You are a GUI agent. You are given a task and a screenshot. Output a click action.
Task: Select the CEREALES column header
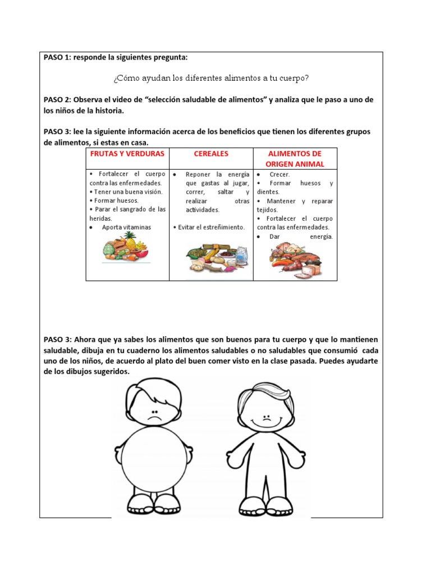click(x=211, y=153)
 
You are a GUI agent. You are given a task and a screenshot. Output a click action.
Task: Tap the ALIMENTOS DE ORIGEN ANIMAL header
click(x=295, y=158)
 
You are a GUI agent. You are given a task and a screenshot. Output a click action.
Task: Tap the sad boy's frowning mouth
click(x=153, y=419)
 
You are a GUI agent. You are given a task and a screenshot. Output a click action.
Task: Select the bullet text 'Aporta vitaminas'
click(x=126, y=227)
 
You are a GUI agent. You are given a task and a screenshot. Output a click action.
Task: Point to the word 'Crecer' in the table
click(x=279, y=175)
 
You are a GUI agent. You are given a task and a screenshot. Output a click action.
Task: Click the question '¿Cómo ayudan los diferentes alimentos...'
click(x=211, y=77)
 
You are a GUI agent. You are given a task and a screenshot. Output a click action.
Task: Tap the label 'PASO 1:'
click(x=57, y=57)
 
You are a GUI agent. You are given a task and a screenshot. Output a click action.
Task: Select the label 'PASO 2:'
click(x=57, y=99)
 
